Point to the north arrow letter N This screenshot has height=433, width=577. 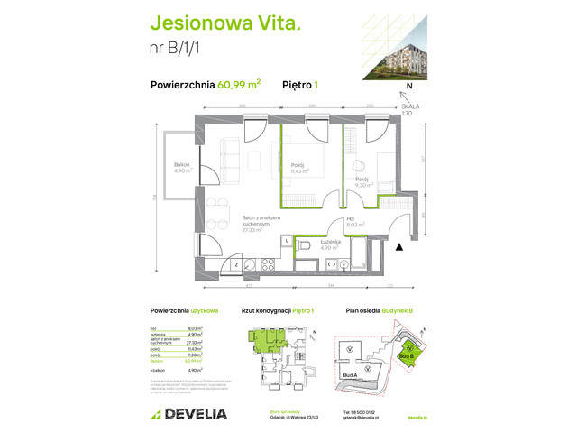click(409, 87)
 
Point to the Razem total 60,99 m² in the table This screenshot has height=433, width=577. click(180, 360)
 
